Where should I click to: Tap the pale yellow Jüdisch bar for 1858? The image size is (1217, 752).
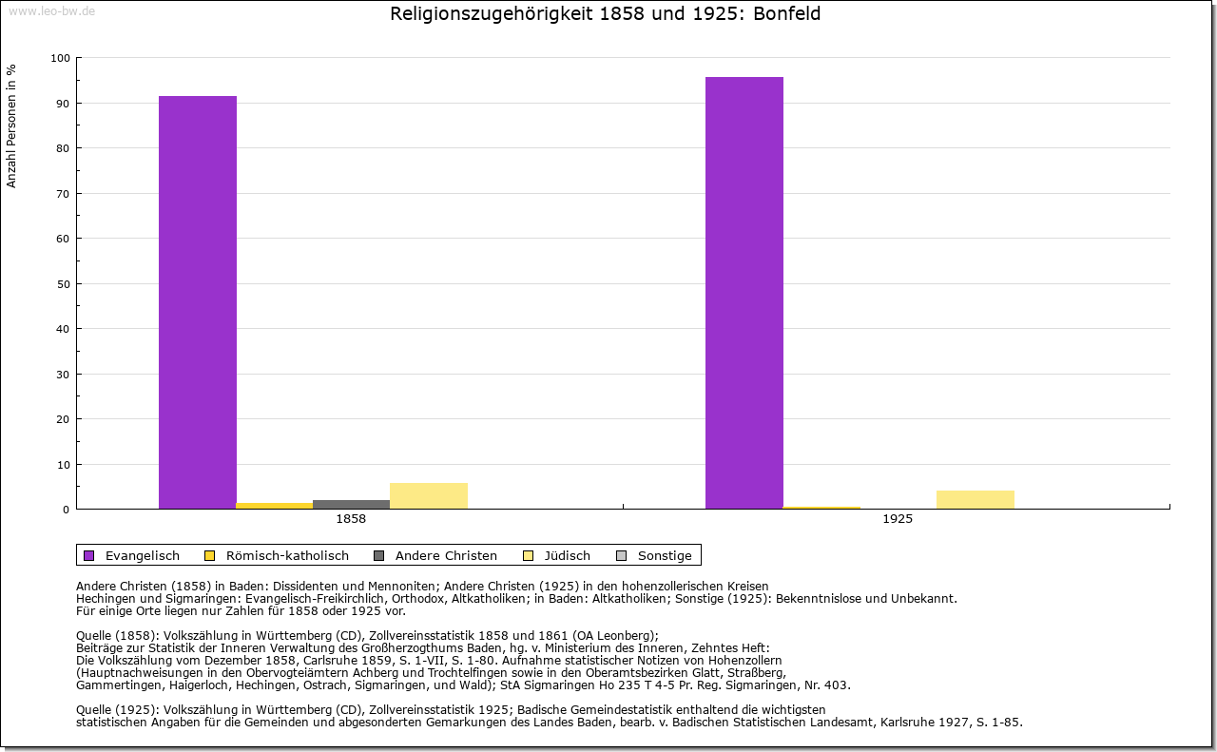[x=429, y=496]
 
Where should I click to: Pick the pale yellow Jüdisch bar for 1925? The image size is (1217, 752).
[x=976, y=500]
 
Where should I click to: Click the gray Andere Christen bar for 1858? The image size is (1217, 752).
[x=351, y=505]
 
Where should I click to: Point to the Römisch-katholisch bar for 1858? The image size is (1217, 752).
[x=275, y=506]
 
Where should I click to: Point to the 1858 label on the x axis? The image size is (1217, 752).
[x=351, y=520]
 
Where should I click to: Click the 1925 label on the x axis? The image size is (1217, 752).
[x=898, y=520]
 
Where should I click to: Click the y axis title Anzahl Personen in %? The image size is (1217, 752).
[x=12, y=125]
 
